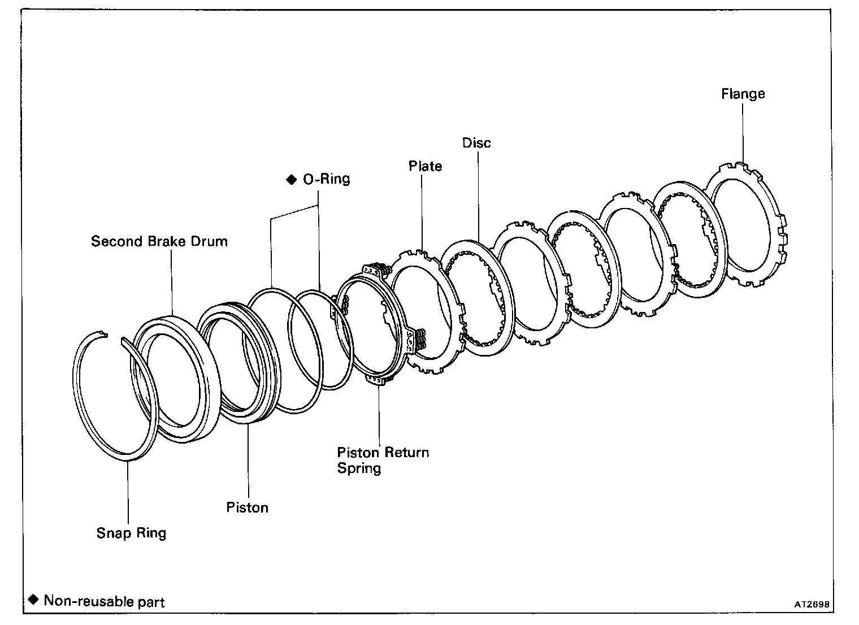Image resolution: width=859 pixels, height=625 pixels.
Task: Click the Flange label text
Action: pos(743,94)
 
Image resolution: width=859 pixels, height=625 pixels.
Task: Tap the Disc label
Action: pos(476,143)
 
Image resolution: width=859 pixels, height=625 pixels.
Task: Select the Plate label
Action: pos(425,166)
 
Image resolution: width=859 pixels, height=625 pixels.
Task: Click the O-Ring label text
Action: pos(327,179)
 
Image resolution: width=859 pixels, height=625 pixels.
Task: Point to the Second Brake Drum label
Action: pos(159,241)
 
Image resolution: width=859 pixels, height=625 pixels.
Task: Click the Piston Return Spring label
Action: pos(383,460)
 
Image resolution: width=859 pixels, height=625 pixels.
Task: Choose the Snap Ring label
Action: pos(131,533)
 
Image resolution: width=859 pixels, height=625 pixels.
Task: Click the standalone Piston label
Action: pos(247,507)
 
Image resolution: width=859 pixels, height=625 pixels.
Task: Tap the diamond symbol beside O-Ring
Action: pos(292,180)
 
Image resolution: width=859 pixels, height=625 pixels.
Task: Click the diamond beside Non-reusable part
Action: pos(33,600)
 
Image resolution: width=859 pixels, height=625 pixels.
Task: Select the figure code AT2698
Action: pos(812,604)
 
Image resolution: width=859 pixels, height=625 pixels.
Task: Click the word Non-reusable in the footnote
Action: pos(80,601)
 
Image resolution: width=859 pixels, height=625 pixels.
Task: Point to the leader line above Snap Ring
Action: pos(128,492)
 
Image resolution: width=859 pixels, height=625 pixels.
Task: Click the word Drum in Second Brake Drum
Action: pos(212,241)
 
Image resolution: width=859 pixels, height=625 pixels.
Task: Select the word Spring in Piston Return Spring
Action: pos(359,468)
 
